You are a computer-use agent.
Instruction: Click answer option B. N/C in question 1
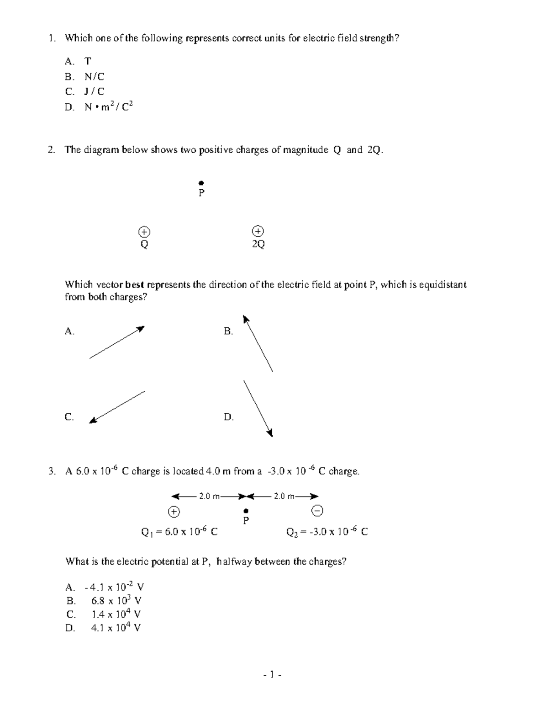pos(94,76)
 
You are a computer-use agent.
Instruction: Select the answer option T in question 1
pos(88,61)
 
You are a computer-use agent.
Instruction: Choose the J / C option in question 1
pos(94,91)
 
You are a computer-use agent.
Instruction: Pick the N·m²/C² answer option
pos(108,107)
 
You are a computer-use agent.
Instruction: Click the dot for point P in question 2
pos(201,183)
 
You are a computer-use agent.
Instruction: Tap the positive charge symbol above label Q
pos(144,231)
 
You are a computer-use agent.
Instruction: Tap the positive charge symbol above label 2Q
pos(258,231)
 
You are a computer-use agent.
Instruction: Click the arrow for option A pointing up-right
pos(117,342)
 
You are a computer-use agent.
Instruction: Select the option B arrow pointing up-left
pos(258,343)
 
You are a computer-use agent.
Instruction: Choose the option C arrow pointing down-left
pos(117,407)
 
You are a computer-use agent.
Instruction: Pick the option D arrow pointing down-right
pos(258,408)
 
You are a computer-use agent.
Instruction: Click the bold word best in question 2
pos(134,285)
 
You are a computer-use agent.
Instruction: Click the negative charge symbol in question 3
pos(318,510)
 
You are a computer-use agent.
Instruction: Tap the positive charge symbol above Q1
pos(174,512)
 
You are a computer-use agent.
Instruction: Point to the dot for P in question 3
pos(246,511)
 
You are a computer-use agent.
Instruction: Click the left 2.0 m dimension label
pos(209,496)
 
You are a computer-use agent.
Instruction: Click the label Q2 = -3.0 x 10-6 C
pos(327,532)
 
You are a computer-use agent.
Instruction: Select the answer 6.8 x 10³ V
pos(116,601)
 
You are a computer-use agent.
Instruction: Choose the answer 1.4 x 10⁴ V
pos(116,614)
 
